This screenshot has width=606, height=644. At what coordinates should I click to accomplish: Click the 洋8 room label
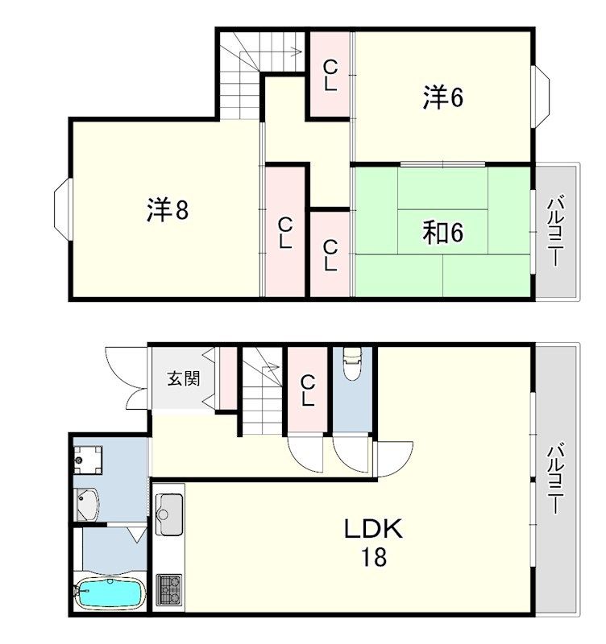point(168,210)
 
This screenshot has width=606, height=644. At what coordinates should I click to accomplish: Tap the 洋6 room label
point(442,97)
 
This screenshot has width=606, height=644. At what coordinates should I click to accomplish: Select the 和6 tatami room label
point(442,233)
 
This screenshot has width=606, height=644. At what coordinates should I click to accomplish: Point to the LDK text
point(373,529)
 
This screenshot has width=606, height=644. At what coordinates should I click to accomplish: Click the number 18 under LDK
point(374,557)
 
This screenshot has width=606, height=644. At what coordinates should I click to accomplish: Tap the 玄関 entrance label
point(184,378)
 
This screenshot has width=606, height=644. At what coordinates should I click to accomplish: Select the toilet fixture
point(352,363)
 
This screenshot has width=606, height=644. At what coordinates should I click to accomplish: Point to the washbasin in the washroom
point(87,505)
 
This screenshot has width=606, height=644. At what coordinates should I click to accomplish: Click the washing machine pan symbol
point(88,460)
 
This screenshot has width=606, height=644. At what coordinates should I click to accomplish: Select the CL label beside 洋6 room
point(330,75)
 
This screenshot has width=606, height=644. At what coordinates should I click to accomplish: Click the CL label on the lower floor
point(308,390)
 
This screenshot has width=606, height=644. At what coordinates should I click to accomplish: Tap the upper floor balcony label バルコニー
point(554,232)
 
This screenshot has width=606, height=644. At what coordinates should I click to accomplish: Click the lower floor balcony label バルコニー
point(554,478)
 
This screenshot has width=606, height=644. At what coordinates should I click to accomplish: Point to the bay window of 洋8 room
point(63,209)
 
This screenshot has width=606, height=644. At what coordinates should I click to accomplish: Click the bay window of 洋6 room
point(542,97)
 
